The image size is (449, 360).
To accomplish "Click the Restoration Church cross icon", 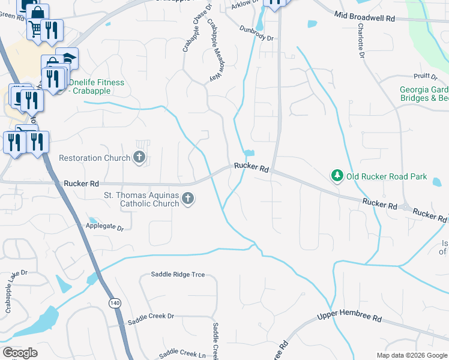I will (139, 158).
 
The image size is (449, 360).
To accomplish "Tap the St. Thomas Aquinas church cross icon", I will (188, 199).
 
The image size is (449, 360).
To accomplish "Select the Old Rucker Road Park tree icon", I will (337, 176).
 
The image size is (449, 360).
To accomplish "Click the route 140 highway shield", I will (114, 304).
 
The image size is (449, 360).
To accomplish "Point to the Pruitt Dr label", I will (426, 76).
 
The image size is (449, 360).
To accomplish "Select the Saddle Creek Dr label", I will (154, 316).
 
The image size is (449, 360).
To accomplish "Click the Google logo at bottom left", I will (20, 353).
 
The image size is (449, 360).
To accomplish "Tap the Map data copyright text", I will (411, 355).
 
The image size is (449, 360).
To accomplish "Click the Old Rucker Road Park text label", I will (387, 176).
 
